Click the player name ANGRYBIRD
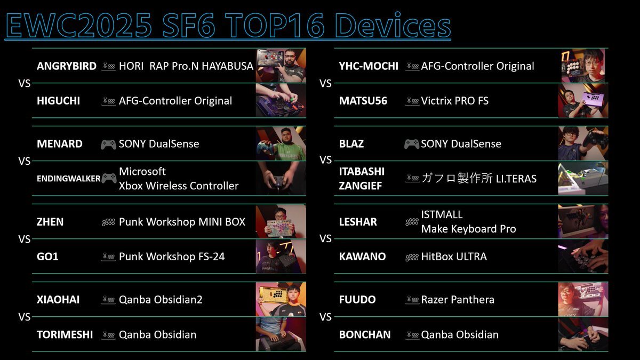coord(67,66)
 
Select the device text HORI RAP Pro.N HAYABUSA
coord(186,66)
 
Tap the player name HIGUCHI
coord(58,101)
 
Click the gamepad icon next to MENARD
coord(109,145)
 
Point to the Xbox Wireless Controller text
coord(179,186)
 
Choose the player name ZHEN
coord(50,222)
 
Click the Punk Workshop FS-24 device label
coord(172,257)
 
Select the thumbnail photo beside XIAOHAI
coord(281,299)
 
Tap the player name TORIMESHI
coord(65,334)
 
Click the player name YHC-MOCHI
coord(369,66)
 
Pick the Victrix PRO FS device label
coord(455,101)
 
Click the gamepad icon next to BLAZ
coord(412,145)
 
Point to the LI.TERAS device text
coord(516,179)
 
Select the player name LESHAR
coord(358,222)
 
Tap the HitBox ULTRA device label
coord(454,257)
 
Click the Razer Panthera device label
coord(458,300)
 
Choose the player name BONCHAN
coord(365,334)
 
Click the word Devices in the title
coord(393,25)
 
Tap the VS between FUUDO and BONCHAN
coord(325,317)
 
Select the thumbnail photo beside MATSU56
coord(583,101)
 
